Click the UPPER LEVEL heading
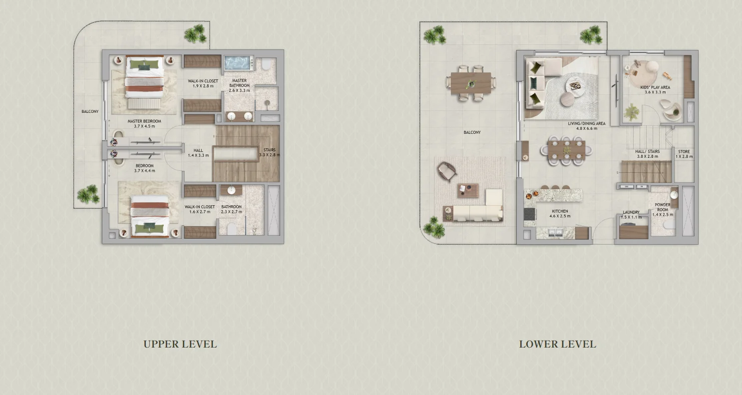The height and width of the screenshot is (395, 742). [180, 344]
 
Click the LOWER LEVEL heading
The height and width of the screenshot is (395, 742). [557, 344]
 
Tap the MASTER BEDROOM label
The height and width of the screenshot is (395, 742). [144, 121]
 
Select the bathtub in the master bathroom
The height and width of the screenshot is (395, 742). [239, 63]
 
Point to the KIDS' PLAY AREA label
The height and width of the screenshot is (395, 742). [655, 87]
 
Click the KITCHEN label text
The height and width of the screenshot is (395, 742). [560, 211]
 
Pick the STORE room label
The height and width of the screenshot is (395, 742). [684, 152]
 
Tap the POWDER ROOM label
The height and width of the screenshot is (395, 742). [663, 207]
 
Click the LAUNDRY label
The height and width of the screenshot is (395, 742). [631, 212]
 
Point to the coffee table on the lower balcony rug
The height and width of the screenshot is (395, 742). [468, 190]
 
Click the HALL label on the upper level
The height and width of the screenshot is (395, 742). [198, 150]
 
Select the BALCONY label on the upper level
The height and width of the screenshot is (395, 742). [90, 112]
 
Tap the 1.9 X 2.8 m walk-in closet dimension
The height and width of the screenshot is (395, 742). [203, 86]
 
